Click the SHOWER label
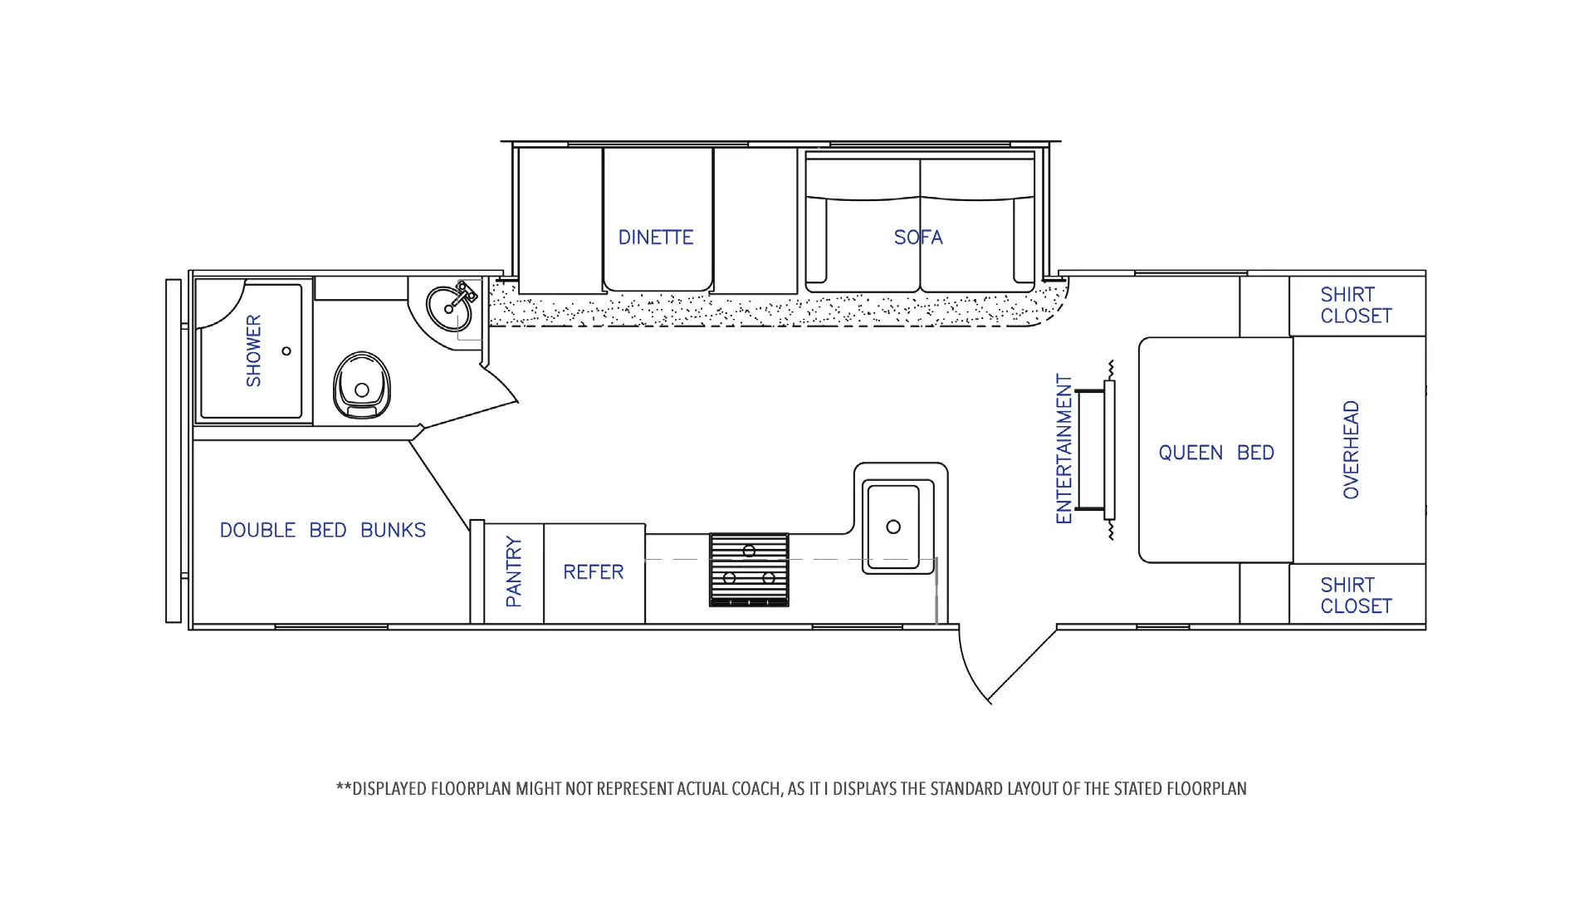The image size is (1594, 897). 253,350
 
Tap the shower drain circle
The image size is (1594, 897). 286,351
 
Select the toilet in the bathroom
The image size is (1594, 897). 361,385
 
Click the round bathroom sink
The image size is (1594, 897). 448,307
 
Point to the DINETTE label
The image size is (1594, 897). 656,238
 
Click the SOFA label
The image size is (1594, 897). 918,238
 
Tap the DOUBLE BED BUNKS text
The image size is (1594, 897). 323,530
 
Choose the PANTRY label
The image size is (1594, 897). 514,571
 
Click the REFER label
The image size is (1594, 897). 593,572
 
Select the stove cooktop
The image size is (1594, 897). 749,570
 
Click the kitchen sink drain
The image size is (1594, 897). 893,527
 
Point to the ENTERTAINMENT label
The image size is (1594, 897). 1064,448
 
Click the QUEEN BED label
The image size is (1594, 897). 1216,453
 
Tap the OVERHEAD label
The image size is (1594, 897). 1352,449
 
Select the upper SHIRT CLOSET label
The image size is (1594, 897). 1356,305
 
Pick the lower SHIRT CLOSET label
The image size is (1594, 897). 1356,596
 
